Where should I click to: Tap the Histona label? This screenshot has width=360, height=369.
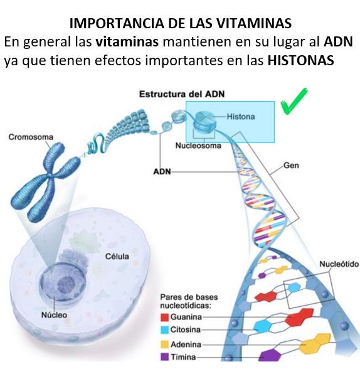(x=241, y=117)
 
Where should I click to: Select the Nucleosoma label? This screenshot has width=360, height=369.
(x=198, y=146)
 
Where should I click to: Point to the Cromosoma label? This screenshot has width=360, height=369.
(x=31, y=137)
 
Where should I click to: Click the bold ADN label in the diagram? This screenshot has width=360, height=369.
(x=162, y=171)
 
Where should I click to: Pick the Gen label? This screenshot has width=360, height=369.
(x=292, y=166)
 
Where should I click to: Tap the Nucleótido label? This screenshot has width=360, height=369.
(x=339, y=264)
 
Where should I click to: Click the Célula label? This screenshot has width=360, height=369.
(x=117, y=256)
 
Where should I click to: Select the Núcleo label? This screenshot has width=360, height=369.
(x=54, y=315)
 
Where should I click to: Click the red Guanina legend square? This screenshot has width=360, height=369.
(x=164, y=318)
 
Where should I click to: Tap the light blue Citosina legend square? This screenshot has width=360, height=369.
(x=164, y=329)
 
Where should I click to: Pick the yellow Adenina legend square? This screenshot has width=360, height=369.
(x=164, y=345)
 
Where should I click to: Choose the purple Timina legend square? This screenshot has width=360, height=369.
(x=164, y=356)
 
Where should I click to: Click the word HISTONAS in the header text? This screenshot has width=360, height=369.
(x=301, y=60)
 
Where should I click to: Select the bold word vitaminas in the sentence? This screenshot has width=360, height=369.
(x=127, y=42)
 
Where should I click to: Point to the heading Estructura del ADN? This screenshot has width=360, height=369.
(x=182, y=94)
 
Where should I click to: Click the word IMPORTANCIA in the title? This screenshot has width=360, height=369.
(x=117, y=23)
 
